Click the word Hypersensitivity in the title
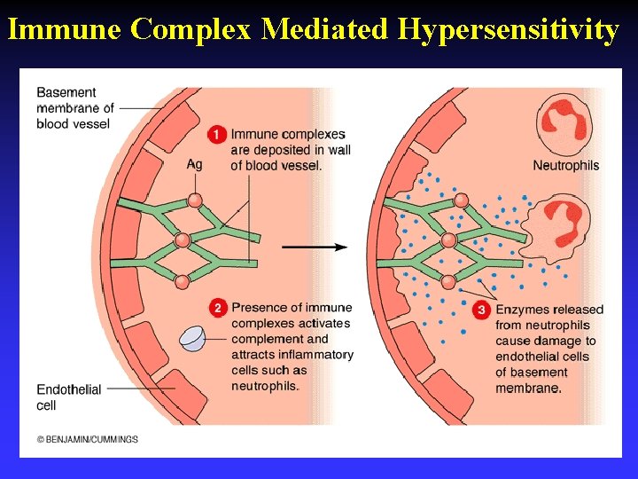(508, 29)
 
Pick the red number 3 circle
(481, 310)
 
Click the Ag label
(194, 165)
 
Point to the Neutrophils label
(565, 165)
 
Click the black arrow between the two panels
(315, 247)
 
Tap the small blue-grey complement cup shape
(193, 338)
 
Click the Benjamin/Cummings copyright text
(88, 439)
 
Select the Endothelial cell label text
(69, 397)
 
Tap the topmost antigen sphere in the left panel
(195, 201)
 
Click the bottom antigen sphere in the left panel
(183, 282)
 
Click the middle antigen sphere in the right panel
(448, 240)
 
